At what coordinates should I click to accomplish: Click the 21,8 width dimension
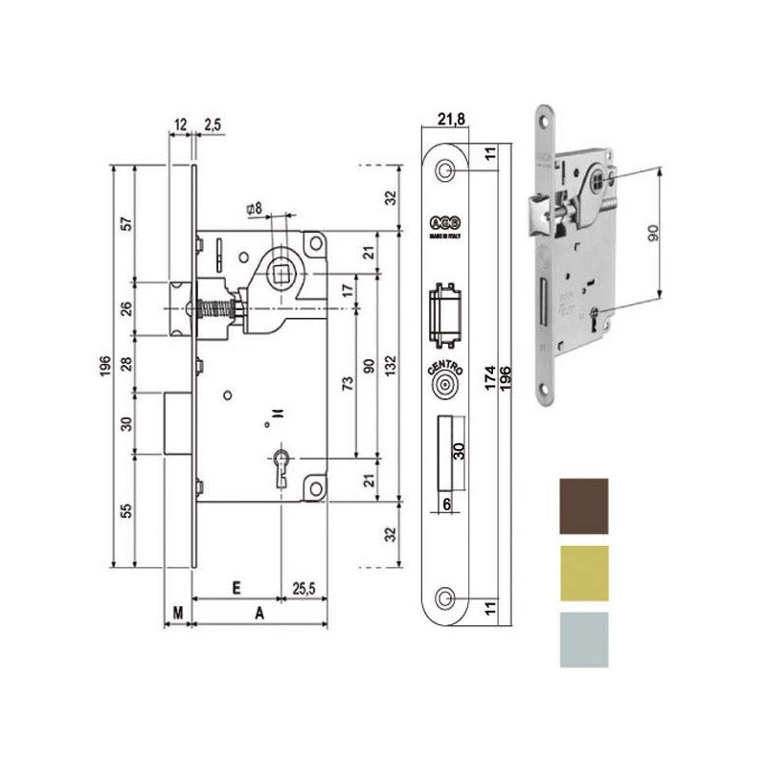(x=445, y=118)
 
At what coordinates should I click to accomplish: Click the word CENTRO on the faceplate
(x=442, y=368)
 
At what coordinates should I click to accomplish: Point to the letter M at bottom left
(x=178, y=611)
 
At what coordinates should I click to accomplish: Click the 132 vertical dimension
(x=390, y=365)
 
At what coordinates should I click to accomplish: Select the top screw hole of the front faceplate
(x=443, y=169)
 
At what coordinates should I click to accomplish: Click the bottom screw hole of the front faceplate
(x=443, y=597)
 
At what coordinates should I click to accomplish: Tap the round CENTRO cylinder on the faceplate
(x=442, y=388)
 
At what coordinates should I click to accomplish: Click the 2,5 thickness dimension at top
(x=213, y=124)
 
